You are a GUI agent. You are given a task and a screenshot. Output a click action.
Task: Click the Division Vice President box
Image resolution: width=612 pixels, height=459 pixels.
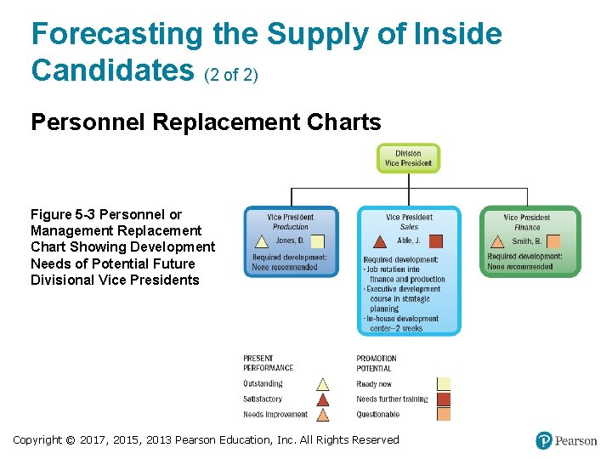408,158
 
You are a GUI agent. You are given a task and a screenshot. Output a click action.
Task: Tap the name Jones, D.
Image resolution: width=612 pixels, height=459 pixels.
266,241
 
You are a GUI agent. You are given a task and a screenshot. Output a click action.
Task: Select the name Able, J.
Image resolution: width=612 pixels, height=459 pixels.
409,241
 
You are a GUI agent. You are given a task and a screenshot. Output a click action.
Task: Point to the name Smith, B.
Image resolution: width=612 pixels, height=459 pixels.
526,241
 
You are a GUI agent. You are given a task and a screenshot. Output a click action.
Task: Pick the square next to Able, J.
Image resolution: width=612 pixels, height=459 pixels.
434,241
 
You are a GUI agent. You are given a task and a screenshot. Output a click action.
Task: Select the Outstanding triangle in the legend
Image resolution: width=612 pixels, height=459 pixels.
323,384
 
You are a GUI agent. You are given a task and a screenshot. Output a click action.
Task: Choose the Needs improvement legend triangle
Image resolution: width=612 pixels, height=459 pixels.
323,415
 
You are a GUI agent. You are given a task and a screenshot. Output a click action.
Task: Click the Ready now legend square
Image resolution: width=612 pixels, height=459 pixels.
443,384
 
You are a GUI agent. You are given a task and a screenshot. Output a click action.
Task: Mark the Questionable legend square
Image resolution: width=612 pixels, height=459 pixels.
443,415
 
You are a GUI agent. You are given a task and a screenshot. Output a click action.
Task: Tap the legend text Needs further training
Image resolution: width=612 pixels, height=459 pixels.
392,399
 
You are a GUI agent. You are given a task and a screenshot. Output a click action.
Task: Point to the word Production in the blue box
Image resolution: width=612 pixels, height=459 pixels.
291,227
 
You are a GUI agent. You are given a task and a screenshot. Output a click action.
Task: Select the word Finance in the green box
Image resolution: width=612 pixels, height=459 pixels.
527,227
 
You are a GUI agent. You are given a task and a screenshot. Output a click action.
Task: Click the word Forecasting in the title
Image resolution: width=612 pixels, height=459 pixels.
116,34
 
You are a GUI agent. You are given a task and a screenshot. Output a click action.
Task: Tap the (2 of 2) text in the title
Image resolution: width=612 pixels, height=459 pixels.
231,75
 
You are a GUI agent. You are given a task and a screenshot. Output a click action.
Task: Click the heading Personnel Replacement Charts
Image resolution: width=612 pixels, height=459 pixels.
206,122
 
